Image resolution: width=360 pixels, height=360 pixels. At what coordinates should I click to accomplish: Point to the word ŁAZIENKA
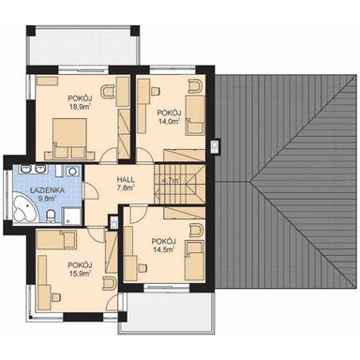click(45, 189)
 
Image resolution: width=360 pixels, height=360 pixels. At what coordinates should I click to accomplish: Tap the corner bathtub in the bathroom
click(24, 211)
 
